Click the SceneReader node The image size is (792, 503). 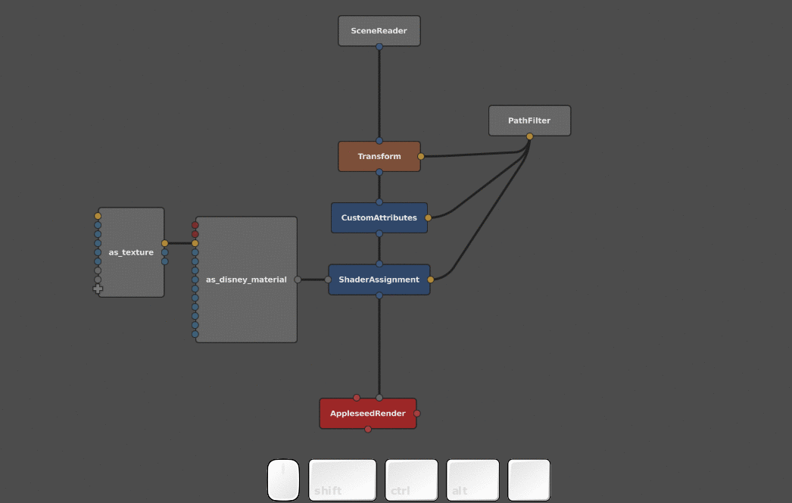point(379,31)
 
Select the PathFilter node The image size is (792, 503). point(529,120)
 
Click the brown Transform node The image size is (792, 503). point(379,156)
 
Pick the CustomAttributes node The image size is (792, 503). point(379,217)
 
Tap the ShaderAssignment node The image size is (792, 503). point(379,280)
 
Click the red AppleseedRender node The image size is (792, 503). point(367,414)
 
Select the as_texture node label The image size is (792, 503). point(131,252)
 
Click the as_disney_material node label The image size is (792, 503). point(246,280)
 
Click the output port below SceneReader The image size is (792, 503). point(379,46)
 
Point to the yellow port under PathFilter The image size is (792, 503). point(529,136)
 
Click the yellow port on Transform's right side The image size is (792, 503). point(421,156)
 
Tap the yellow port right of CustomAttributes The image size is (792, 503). point(428,217)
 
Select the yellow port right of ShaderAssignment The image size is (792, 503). point(431,280)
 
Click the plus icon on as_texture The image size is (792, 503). point(98,289)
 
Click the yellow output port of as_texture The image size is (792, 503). point(164,243)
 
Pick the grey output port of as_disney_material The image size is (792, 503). point(298,280)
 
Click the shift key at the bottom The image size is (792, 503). point(342,480)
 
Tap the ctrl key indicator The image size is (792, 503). point(411,480)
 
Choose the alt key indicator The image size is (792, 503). point(472,480)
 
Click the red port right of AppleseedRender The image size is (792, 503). point(417,414)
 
